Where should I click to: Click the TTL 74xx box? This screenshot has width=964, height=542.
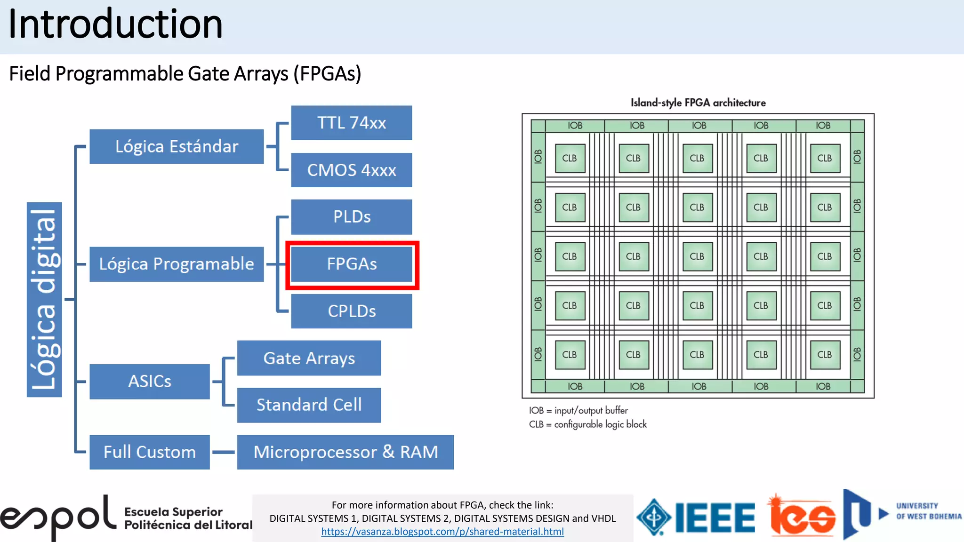click(352, 123)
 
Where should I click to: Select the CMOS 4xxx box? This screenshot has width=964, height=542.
click(352, 170)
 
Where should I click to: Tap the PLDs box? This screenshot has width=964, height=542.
click(352, 217)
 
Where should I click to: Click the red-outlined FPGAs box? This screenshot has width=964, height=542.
click(352, 264)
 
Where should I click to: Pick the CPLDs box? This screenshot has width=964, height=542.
click(352, 311)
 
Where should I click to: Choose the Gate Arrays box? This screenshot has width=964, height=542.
click(309, 358)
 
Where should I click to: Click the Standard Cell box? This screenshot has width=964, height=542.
click(309, 405)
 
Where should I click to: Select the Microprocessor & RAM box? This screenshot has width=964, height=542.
click(345, 452)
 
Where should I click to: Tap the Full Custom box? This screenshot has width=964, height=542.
click(149, 452)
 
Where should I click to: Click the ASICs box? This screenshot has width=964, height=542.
click(149, 382)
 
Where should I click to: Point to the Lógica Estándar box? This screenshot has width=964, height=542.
click(177, 146)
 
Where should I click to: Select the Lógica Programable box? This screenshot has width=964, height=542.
click(177, 264)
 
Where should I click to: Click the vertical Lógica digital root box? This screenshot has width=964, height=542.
click(44, 300)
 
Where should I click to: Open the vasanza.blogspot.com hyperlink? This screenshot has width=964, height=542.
click(442, 532)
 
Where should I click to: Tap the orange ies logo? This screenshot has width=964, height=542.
click(803, 517)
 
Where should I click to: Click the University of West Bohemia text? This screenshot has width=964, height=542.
click(928, 511)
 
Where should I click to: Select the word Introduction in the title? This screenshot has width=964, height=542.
click(115, 24)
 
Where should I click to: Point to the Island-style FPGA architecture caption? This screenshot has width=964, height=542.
click(698, 103)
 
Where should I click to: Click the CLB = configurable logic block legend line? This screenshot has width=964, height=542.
click(588, 424)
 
